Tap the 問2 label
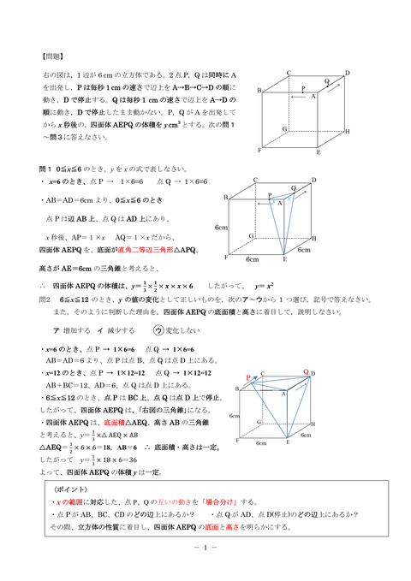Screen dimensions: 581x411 pos(46,300)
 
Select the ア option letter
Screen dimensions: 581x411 pos(56,329)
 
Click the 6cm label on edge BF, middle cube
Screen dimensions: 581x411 pos(222,228)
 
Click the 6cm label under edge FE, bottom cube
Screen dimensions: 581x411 pos(262,444)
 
